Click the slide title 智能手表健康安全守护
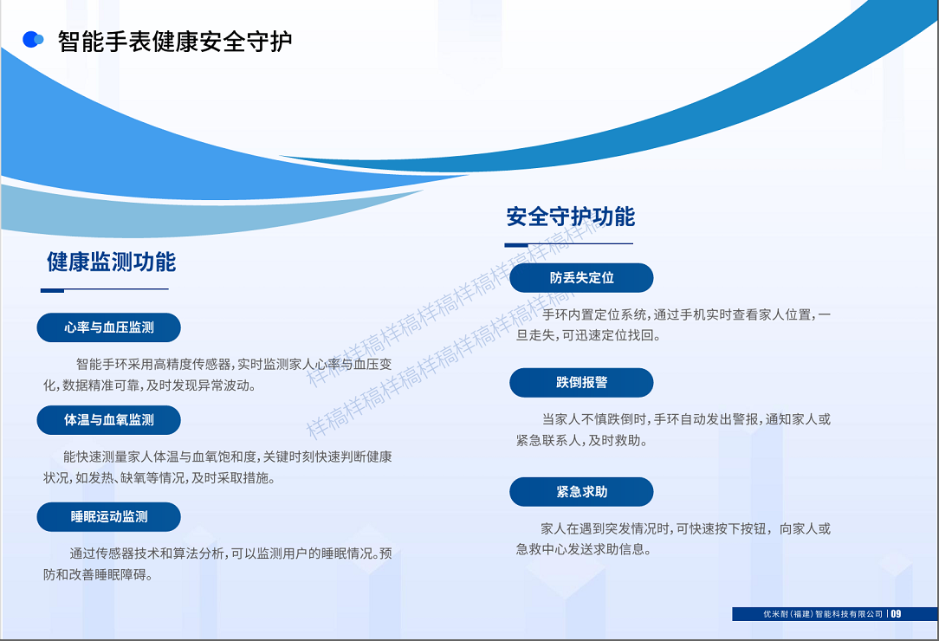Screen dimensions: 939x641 pyautogui.click(x=175, y=42)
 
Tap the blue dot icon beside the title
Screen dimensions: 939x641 pyautogui.click(x=33, y=40)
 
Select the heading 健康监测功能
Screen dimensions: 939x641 pyautogui.click(x=112, y=262)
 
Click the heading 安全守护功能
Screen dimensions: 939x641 pyautogui.click(x=570, y=217)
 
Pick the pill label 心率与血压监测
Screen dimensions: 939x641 pyautogui.click(x=109, y=327)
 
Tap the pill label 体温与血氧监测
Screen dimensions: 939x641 pyautogui.click(x=109, y=420)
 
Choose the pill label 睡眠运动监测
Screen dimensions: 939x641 pyautogui.click(x=109, y=516)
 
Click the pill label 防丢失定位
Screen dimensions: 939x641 pyautogui.click(x=581, y=277)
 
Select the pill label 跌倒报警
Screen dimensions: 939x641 pyautogui.click(x=581, y=382)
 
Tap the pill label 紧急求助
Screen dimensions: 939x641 pyautogui.click(x=581, y=492)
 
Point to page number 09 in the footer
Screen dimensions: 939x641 pyautogui.click(x=896, y=613)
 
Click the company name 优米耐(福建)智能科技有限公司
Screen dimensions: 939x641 pyautogui.click(x=823, y=614)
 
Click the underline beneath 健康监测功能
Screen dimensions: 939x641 pyautogui.click(x=104, y=290)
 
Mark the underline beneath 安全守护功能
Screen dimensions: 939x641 pyautogui.click(x=568, y=244)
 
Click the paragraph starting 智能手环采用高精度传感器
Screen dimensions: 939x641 pyautogui.click(x=217, y=374)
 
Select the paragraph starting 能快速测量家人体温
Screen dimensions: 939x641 pyautogui.click(x=217, y=467)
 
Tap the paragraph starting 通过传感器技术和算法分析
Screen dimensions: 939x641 pyautogui.click(x=217, y=564)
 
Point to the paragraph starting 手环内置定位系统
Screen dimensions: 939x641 pyautogui.click(x=673, y=325)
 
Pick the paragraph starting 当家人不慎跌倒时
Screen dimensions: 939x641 pyautogui.click(x=673, y=430)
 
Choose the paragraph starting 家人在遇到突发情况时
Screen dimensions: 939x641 pyautogui.click(x=673, y=539)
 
